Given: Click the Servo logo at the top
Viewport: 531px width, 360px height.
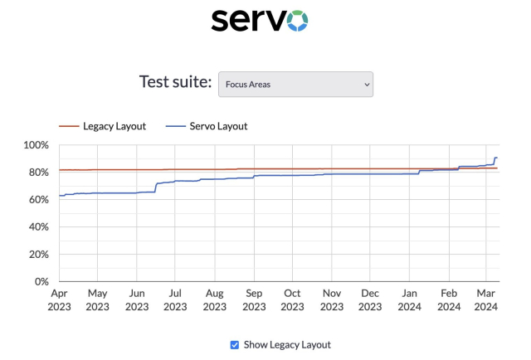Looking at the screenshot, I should tap(260, 20).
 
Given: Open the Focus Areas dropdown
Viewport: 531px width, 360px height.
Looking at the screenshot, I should tap(295, 84).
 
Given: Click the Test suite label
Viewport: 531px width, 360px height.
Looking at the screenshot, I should tap(175, 83).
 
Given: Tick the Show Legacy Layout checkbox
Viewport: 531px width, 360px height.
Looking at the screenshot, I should tap(235, 345).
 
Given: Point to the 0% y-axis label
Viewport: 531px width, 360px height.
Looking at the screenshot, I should tap(41, 282).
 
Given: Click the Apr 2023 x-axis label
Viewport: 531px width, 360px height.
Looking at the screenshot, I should tap(59, 299).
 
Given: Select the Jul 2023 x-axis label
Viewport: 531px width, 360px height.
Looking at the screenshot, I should tap(175, 299).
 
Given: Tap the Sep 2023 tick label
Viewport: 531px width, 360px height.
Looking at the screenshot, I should tap(254, 299).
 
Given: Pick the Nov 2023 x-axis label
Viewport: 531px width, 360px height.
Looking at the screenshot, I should tap(332, 299).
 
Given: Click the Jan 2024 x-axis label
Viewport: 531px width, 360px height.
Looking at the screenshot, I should tap(410, 299).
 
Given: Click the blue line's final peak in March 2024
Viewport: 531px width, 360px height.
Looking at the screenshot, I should tap(496, 158).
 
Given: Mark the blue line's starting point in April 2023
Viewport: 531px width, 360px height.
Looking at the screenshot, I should tap(59, 196).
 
